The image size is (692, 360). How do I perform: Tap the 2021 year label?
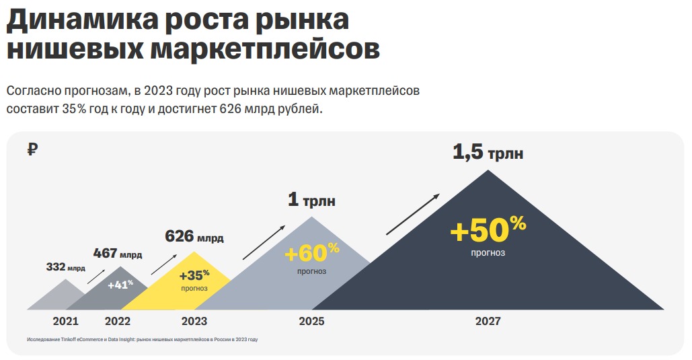point(65,321)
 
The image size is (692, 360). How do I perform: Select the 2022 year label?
point(118,321)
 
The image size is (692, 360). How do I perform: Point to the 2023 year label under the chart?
point(194,321)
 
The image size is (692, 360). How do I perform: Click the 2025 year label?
point(311,321)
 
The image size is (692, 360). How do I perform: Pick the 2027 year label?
point(488,321)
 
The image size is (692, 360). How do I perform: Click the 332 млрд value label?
point(65,267)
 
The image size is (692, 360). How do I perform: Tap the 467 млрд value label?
point(118,254)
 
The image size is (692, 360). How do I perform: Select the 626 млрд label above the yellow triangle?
point(194,237)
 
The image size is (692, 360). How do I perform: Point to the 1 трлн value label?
point(311,201)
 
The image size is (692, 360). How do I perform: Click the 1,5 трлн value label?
point(488,153)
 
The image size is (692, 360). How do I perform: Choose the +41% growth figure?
point(120,284)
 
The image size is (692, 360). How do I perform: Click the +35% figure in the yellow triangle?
point(194,275)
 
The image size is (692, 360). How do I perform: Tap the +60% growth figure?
point(312,253)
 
